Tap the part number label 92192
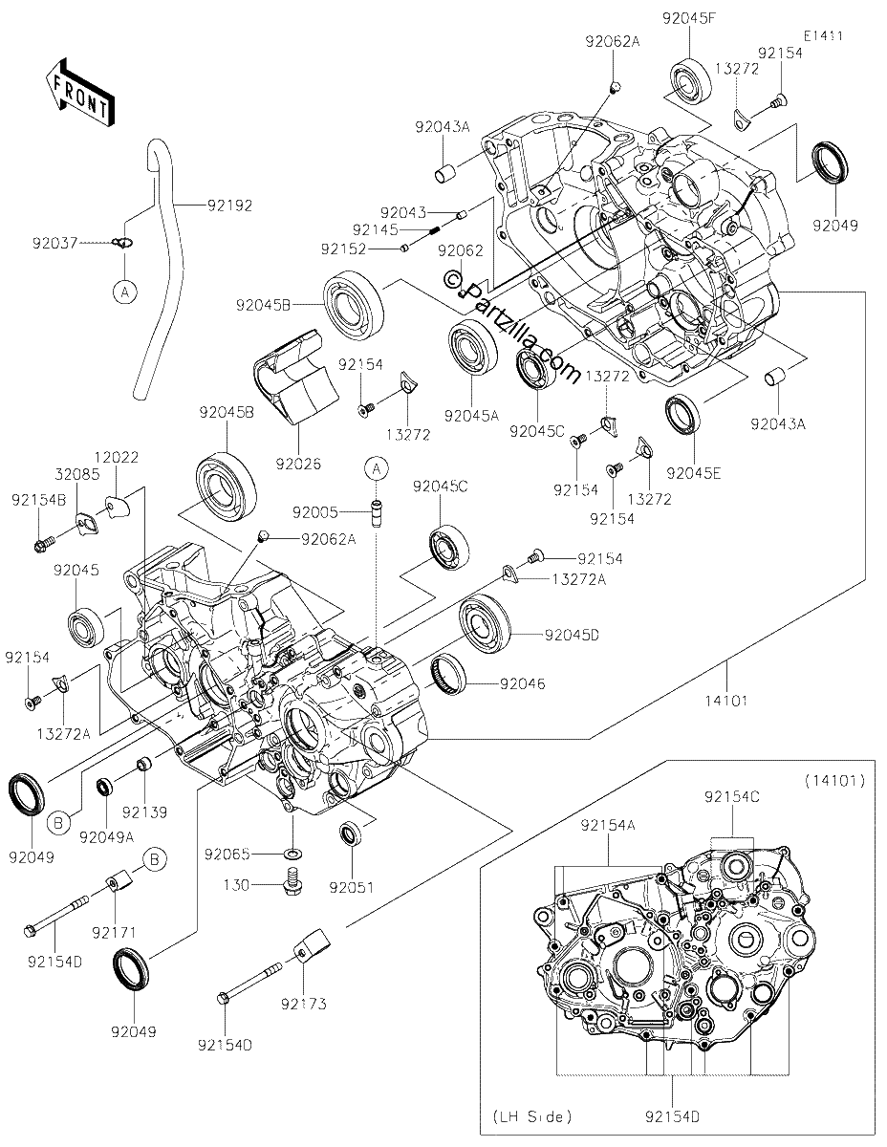230,205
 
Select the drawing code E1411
823,36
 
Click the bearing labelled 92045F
690,84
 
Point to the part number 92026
298,464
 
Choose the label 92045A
471,416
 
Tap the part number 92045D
572,635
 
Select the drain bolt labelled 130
292,884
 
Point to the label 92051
352,887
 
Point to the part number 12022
117,457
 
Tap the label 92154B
39,500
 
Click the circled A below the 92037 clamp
125,292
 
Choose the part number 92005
315,511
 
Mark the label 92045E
694,473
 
